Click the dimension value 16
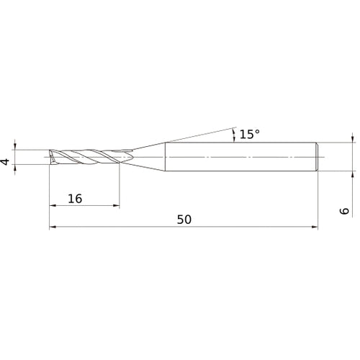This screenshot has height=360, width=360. point(75,198)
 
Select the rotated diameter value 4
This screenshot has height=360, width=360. point(6,163)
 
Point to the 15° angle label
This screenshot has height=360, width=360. point(248,134)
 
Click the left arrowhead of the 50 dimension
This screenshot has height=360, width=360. point(53,228)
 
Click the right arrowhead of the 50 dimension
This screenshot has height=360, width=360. point(314,228)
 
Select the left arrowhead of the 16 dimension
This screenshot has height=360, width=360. point(53,206)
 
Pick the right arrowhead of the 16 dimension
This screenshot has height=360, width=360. point(117,206)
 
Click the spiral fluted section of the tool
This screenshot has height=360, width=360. point(90,157)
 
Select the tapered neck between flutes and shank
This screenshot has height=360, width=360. point(148,156)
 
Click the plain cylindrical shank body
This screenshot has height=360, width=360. point(238,156)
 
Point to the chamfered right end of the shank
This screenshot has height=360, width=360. point(316,156)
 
